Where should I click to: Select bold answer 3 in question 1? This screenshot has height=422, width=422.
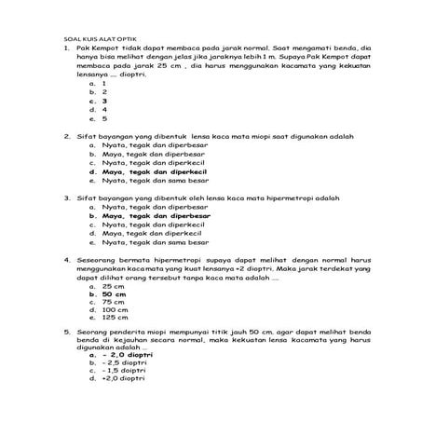tap(104, 101)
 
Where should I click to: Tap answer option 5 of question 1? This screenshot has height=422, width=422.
tap(104, 119)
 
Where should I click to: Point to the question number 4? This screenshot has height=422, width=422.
tap(67, 259)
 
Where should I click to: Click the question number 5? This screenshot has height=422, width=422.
tap(67, 332)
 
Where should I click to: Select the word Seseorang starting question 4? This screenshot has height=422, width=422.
tap(98, 259)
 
